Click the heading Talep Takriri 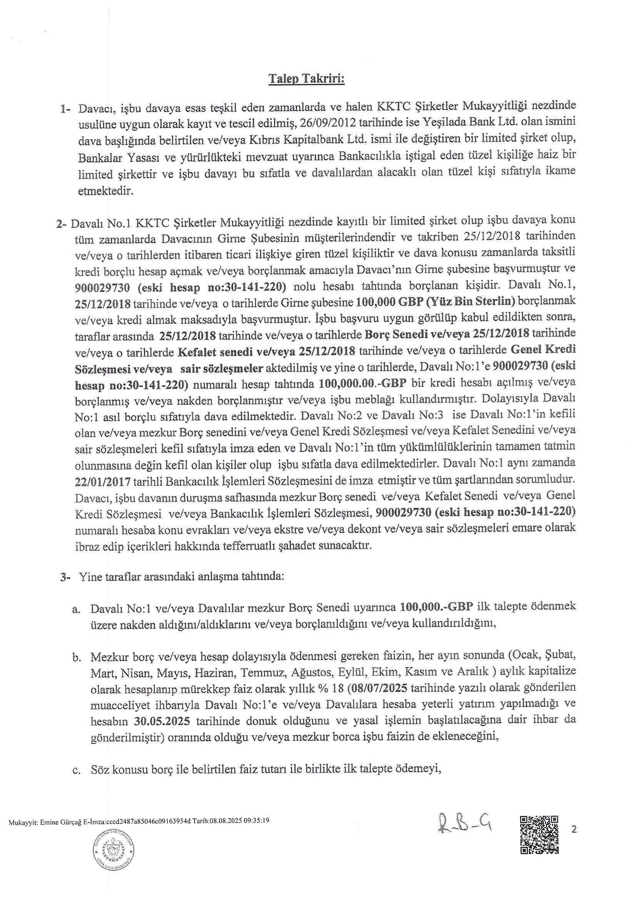(x=306, y=79)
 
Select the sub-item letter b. (x=77, y=656)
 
